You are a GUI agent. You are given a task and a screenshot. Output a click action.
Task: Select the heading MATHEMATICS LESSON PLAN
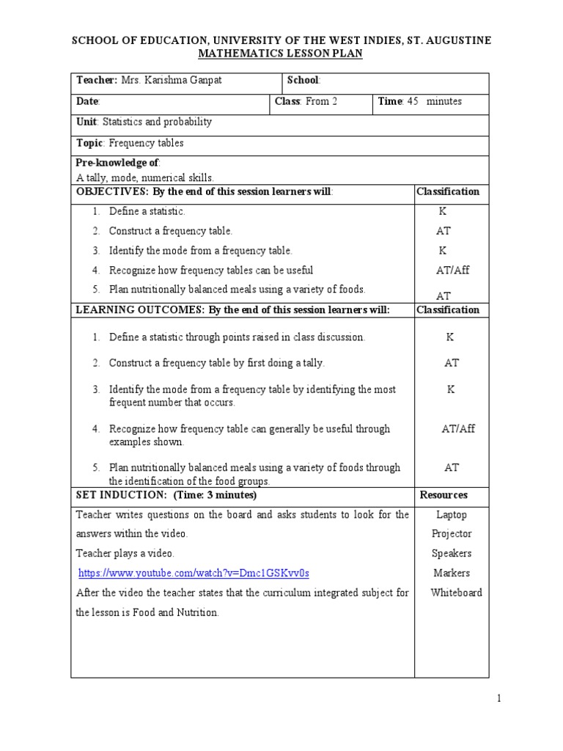tap(281, 54)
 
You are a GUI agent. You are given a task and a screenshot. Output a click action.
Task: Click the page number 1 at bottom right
tap(498, 699)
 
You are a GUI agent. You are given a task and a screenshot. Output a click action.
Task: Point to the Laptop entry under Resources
tap(451, 515)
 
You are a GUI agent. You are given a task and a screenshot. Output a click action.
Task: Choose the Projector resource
tap(452, 534)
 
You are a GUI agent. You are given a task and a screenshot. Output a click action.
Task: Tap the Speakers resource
tap(452, 554)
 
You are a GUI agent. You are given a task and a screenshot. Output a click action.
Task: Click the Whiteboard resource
tap(456, 593)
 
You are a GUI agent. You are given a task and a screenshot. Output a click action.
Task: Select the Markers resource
tap(452, 573)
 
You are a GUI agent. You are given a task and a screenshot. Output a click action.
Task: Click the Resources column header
tap(444, 495)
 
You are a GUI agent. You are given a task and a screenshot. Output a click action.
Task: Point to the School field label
tap(303, 81)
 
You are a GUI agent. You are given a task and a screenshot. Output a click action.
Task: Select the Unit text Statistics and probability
tap(157, 122)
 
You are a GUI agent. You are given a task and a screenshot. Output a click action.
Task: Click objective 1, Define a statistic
tap(147, 211)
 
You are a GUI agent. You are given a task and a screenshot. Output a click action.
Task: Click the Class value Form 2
tap(321, 102)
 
